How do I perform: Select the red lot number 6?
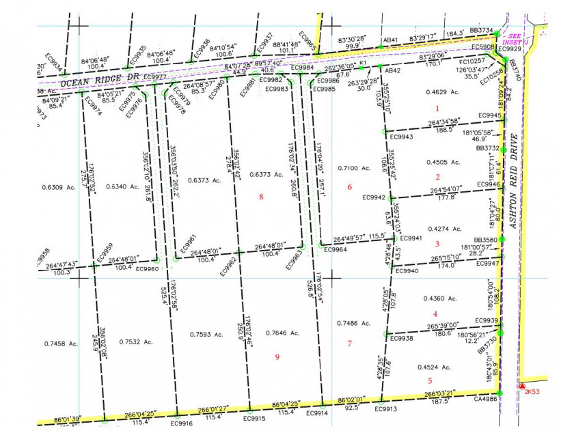[x=350, y=187]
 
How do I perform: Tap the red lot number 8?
[x=261, y=197]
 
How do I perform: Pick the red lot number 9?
[x=277, y=357]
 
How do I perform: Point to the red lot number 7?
[x=349, y=343]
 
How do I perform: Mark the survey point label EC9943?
[x=401, y=137]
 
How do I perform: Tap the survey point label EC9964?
[x=335, y=250]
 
